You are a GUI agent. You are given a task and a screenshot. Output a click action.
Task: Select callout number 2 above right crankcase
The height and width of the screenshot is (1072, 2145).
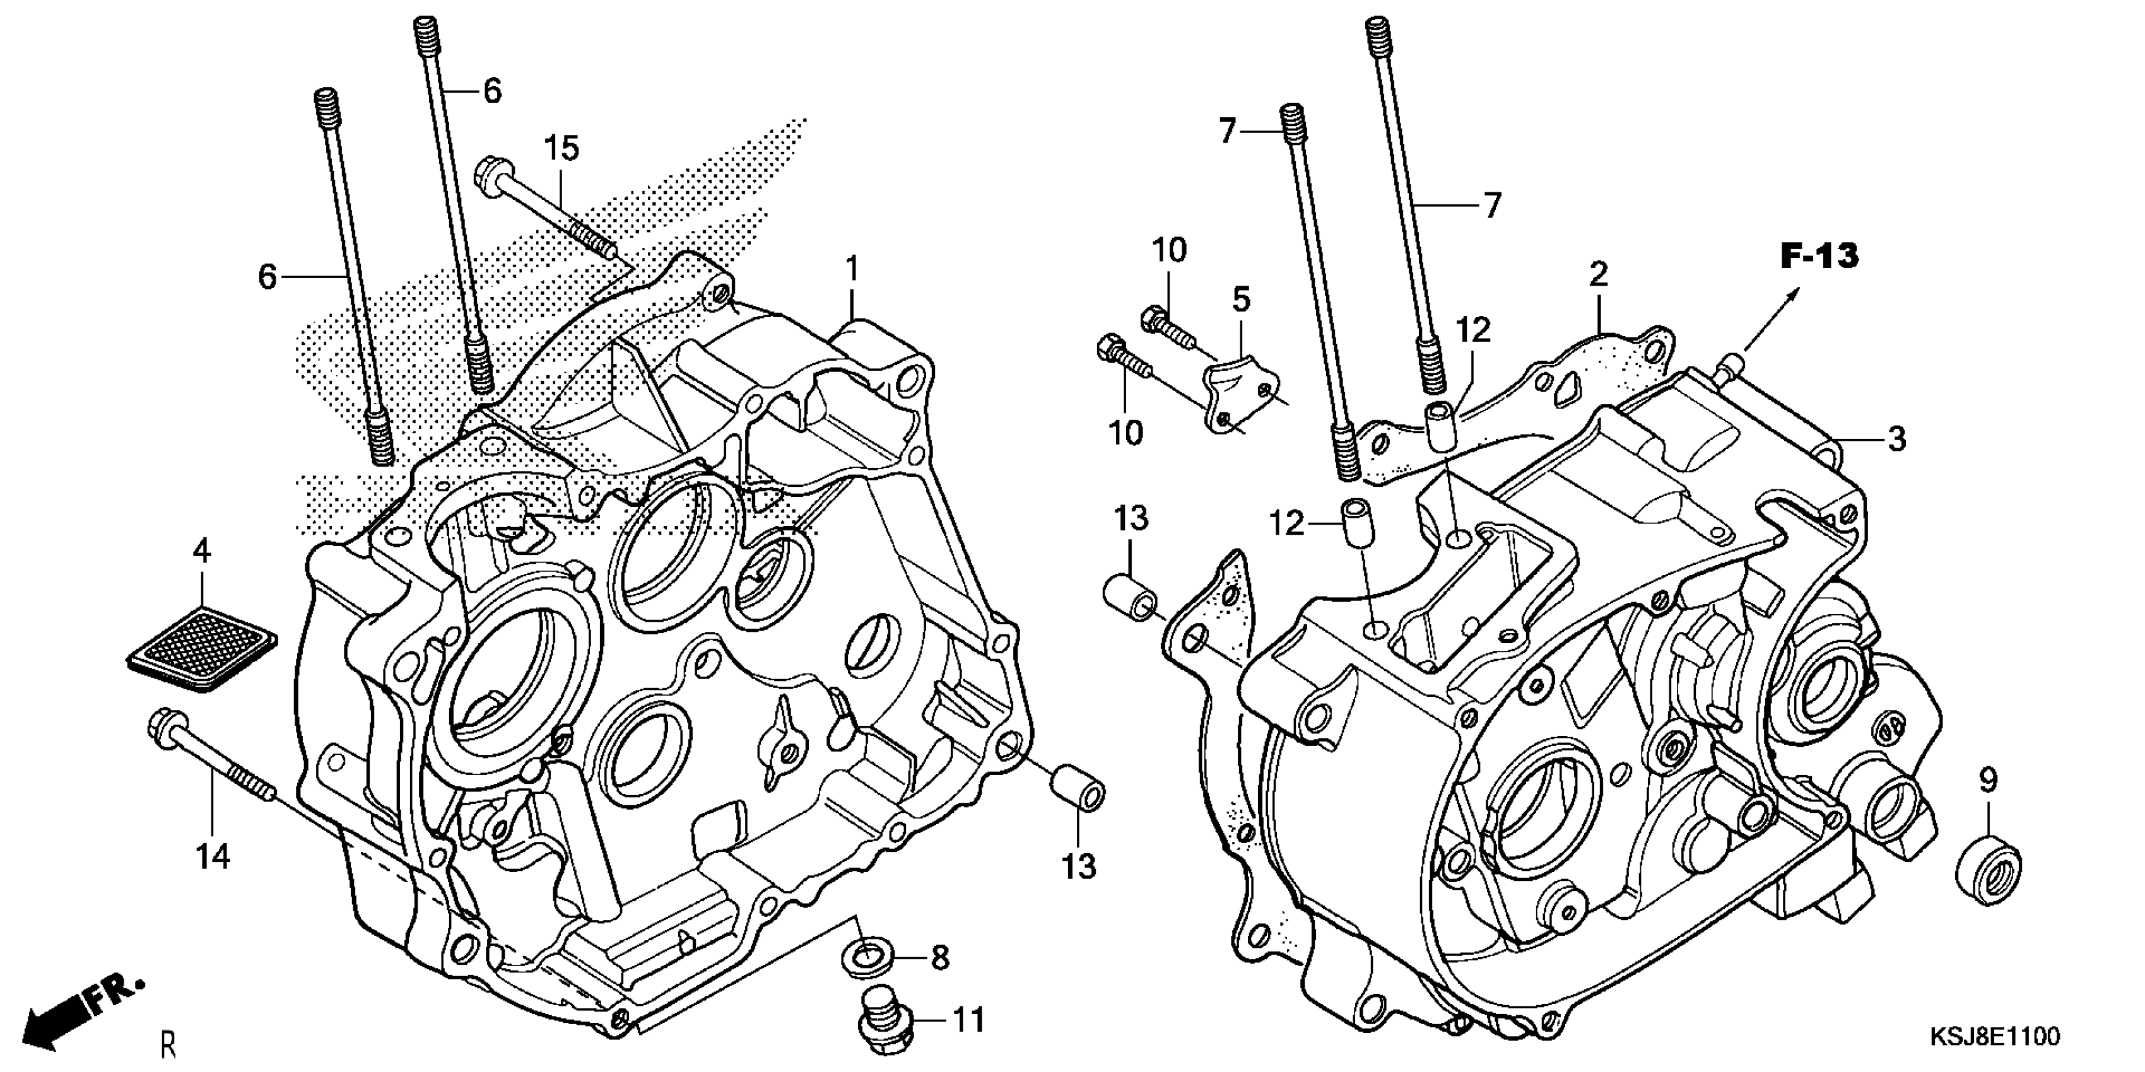point(1597,273)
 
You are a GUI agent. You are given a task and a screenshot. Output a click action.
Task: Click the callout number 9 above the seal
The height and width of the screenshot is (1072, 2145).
point(1988,781)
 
